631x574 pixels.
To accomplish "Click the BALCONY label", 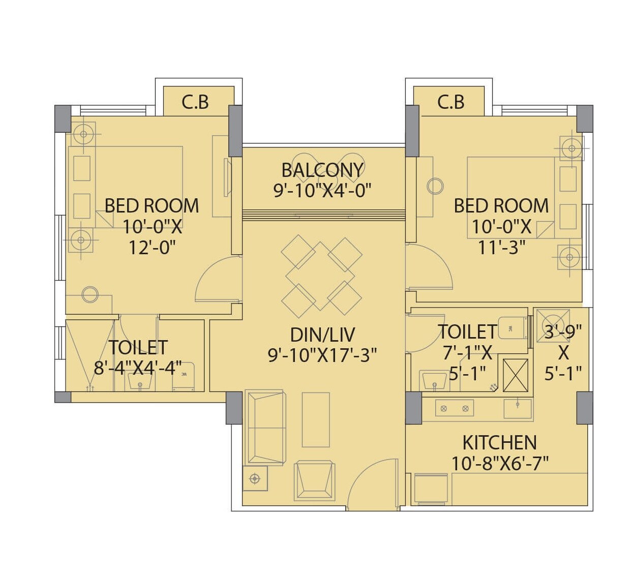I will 322,170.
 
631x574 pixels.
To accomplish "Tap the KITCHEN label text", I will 499,443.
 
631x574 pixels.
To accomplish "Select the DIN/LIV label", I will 322,335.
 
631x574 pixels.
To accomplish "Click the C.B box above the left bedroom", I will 196,102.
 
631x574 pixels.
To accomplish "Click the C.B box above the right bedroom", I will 451,102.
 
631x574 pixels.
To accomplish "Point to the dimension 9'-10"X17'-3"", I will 322,355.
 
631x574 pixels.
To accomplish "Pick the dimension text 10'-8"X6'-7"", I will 499,463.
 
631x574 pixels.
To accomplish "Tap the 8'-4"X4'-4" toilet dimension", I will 138,368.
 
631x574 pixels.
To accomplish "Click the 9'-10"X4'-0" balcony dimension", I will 322,190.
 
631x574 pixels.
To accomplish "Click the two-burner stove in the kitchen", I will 454,408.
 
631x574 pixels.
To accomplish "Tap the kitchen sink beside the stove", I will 518,408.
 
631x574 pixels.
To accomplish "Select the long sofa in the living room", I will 265,427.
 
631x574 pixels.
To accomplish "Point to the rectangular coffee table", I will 316,419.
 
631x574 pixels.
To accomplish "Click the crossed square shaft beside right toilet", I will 515,375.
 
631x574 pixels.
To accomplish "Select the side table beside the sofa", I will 255,478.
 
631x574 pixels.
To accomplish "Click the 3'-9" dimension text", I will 563,331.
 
